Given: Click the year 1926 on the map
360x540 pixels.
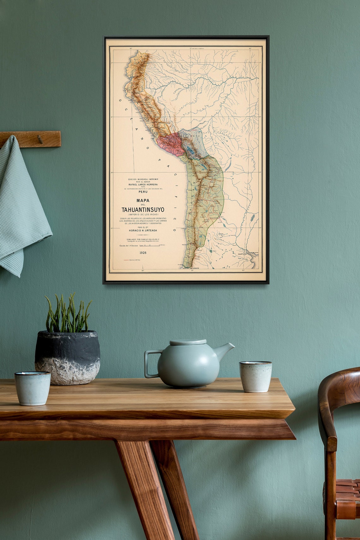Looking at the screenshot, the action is click(x=143, y=253).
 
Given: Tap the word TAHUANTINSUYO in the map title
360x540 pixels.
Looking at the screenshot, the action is click(x=143, y=210).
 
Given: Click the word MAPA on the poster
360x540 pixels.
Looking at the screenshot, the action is click(x=143, y=201).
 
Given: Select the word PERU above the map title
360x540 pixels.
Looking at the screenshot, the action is click(x=143, y=192).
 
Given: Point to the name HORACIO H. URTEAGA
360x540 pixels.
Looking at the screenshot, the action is click(x=143, y=231).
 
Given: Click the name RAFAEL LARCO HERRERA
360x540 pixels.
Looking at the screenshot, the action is click(x=143, y=184).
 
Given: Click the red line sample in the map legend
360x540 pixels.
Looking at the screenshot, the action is click(x=126, y=260).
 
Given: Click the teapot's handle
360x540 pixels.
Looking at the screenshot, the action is click(x=150, y=363).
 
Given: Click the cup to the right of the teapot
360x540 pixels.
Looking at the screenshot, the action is click(x=255, y=376).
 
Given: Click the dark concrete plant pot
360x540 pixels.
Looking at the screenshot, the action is click(x=67, y=357).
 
